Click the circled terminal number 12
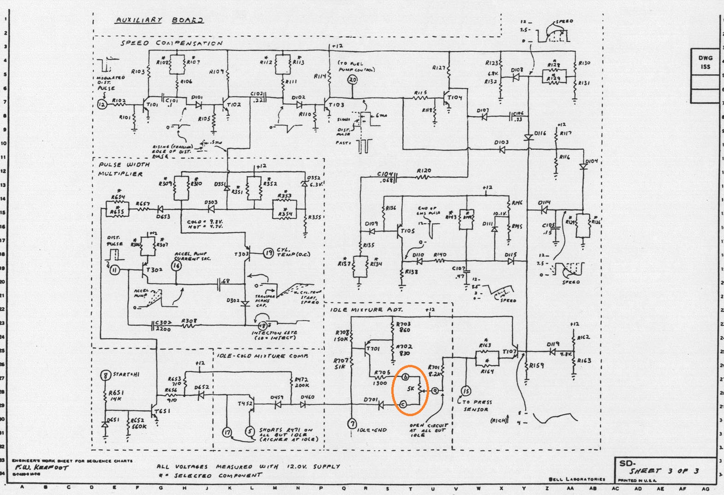click(x=102, y=104)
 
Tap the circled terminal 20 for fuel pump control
click(x=353, y=80)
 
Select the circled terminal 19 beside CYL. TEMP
click(x=269, y=253)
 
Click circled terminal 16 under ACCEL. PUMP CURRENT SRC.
click(x=176, y=265)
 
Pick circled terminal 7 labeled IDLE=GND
click(x=352, y=423)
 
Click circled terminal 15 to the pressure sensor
click(x=466, y=391)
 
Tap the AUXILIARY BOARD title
click(x=159, y=20)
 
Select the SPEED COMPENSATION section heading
click(x=172, y=43)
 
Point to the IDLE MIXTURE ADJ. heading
click(x=366, y=310)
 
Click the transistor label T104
click(x=454, y=97)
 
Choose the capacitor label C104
click(x=385, y=174)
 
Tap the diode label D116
click(x=540, y=133)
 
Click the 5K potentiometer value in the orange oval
click(x=411, y=388)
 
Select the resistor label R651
click(x=115, y=393)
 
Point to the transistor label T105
click(x=408, y=231)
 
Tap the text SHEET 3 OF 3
click(x=664, y=471)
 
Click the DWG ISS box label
click(x=705, y=62)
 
